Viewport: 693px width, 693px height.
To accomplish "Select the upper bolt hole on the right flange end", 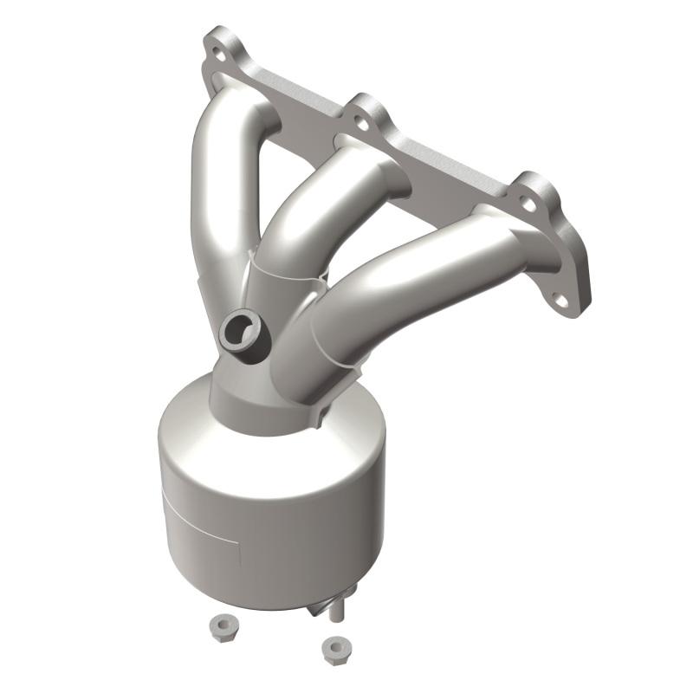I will pos(526,204).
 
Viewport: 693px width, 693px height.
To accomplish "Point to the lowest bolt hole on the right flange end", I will pos(560,300).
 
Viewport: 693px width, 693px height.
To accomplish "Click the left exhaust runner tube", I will pos(217,191).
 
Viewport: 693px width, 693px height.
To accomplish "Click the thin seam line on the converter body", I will pos(199,520).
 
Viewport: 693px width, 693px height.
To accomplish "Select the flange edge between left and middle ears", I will pos(295,95).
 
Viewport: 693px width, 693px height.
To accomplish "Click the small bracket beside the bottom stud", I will pos(316,609).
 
